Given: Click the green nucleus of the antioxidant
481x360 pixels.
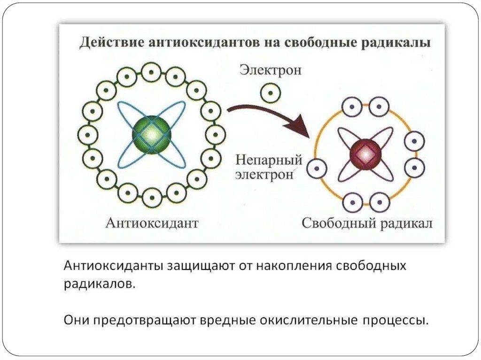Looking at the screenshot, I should point(151,135).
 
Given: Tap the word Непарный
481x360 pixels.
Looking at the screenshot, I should point(268,161).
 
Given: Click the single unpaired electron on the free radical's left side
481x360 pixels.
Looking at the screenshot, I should point(317,167).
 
